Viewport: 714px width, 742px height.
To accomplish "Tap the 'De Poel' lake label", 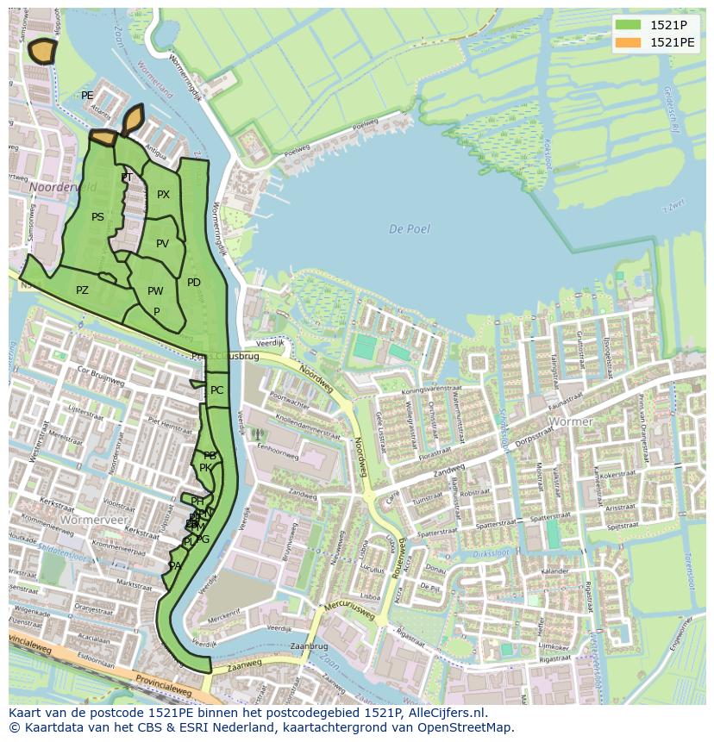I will [x=409, y=229].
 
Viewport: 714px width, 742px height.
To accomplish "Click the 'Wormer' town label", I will [x=571, y=422].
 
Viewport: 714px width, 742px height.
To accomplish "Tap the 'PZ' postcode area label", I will [x=82, y=290].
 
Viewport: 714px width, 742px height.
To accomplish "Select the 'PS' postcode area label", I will [x=97, y=217].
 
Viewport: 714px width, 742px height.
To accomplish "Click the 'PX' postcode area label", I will [x=163, y=195].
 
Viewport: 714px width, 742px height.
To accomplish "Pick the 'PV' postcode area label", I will [x=162, y=244].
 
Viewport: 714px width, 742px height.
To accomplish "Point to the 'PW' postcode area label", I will [x=155, y=291].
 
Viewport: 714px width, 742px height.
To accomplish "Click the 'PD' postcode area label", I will [x=194, y=283].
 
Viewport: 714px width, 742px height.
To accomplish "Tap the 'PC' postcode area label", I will [x=216, y=390].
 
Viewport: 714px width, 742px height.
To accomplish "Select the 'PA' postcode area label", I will [x=175, y=566].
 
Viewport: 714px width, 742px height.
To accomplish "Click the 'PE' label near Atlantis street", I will [x=87, y=96].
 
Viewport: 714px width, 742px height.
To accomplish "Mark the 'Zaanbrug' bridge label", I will [x=310, y=645].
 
